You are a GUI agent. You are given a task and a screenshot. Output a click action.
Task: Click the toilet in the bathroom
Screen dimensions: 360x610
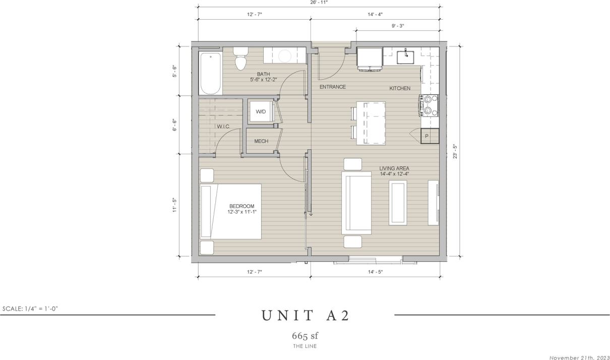click(x=241, y=59)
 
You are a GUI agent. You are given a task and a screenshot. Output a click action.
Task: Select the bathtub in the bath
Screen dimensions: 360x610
click(x=210, y=73)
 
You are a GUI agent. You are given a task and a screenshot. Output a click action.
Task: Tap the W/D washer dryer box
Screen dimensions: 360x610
click(x=261, y=111)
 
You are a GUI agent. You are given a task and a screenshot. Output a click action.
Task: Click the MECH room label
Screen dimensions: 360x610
click(x=261, y=141)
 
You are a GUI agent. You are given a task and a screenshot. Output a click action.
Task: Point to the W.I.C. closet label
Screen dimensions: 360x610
click(x=224, y=126)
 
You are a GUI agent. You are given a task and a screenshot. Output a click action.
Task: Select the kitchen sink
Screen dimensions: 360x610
click(x=405, y=57)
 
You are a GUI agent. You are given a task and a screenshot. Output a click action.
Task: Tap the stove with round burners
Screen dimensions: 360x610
click(x=428, y=106)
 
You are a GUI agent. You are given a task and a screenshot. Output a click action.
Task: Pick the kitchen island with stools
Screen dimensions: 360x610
click(x=371, y=123)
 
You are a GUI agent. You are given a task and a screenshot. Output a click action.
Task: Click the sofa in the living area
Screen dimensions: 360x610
click(x=356, y=203)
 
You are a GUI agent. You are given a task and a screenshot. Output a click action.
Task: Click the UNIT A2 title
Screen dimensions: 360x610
click(x=305, y=316)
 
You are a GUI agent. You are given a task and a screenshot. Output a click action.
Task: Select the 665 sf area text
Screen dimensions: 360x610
click(x=305, y=336)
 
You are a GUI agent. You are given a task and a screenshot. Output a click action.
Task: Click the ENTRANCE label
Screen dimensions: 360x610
click(x=333, y=87)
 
